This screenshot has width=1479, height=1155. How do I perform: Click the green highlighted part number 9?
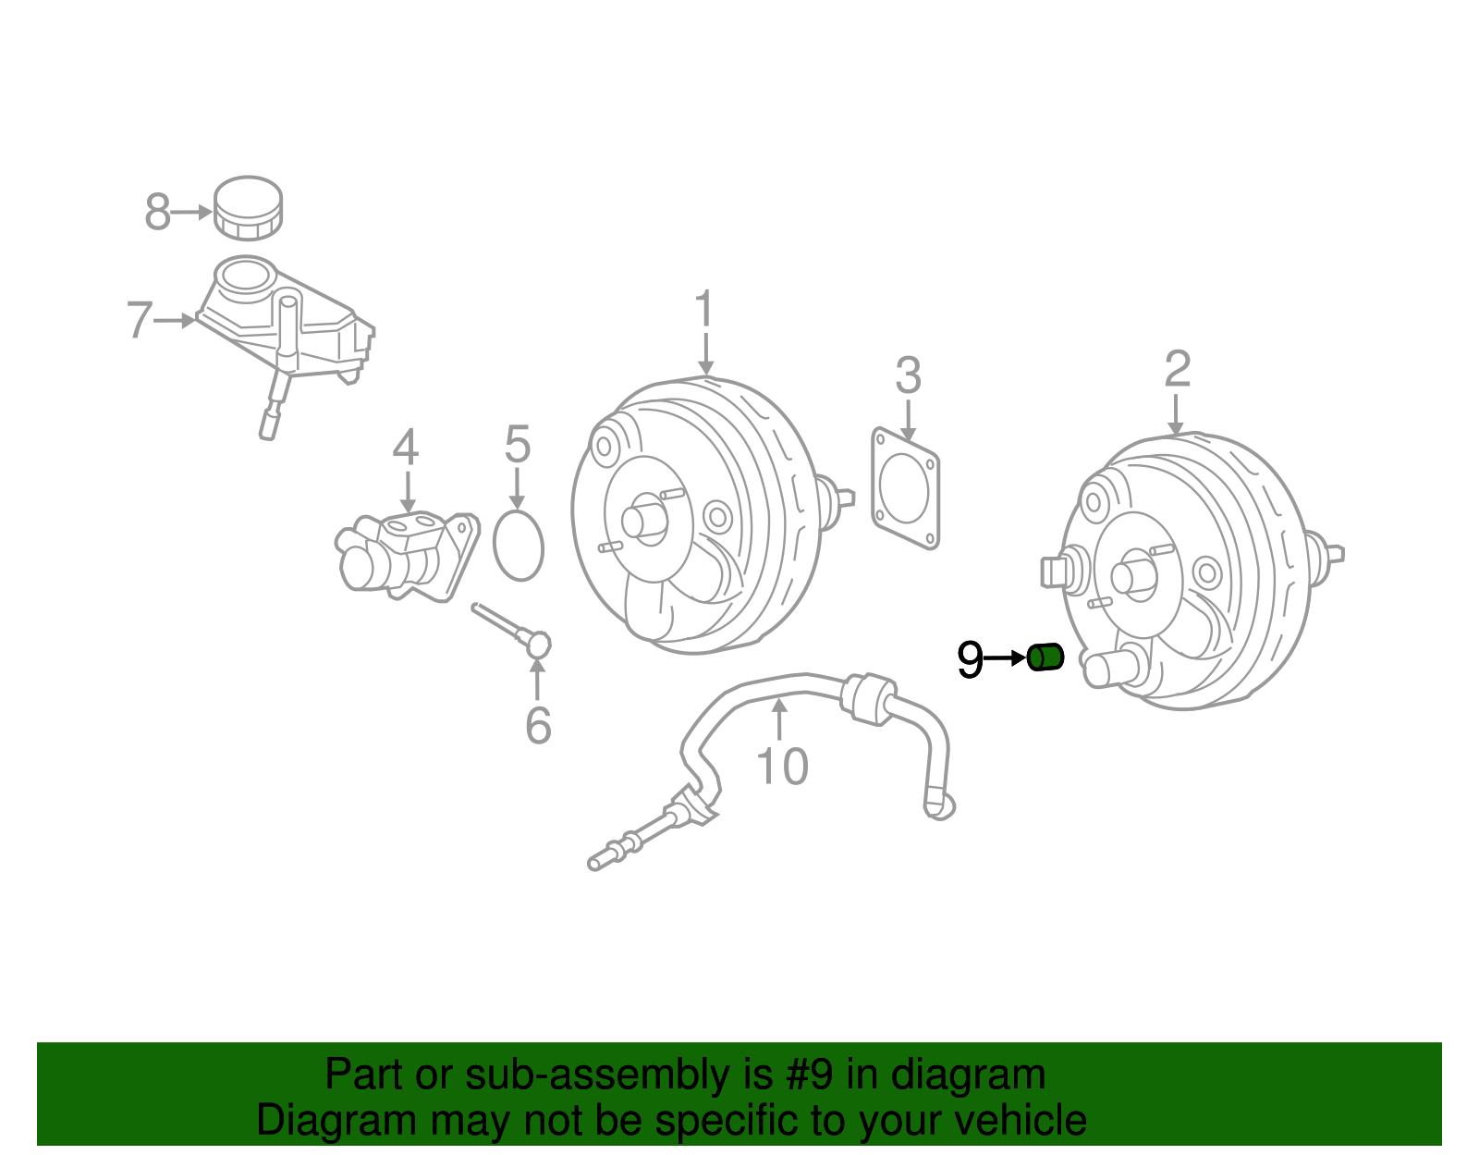(x=1045, y=657)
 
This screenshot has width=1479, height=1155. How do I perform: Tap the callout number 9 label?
(x=970, y=659)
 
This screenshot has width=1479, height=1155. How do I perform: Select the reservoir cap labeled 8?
(x=248, y=207)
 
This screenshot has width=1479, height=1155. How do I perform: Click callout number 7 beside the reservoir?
(x=139, y=320)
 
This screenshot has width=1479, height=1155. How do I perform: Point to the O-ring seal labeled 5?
(x=519, y=547)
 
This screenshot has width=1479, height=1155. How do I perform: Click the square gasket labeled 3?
(x=905, y=487)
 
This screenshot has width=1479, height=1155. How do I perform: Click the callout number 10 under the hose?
(x=782, y=767)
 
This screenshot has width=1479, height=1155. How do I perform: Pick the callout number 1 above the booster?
(x=704, y=309)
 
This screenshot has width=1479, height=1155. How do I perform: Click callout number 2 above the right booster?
(x=1177, y=369)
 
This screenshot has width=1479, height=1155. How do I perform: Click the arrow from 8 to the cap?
(x=192, y=212)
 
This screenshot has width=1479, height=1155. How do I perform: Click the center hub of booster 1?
(x=644, y=519)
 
